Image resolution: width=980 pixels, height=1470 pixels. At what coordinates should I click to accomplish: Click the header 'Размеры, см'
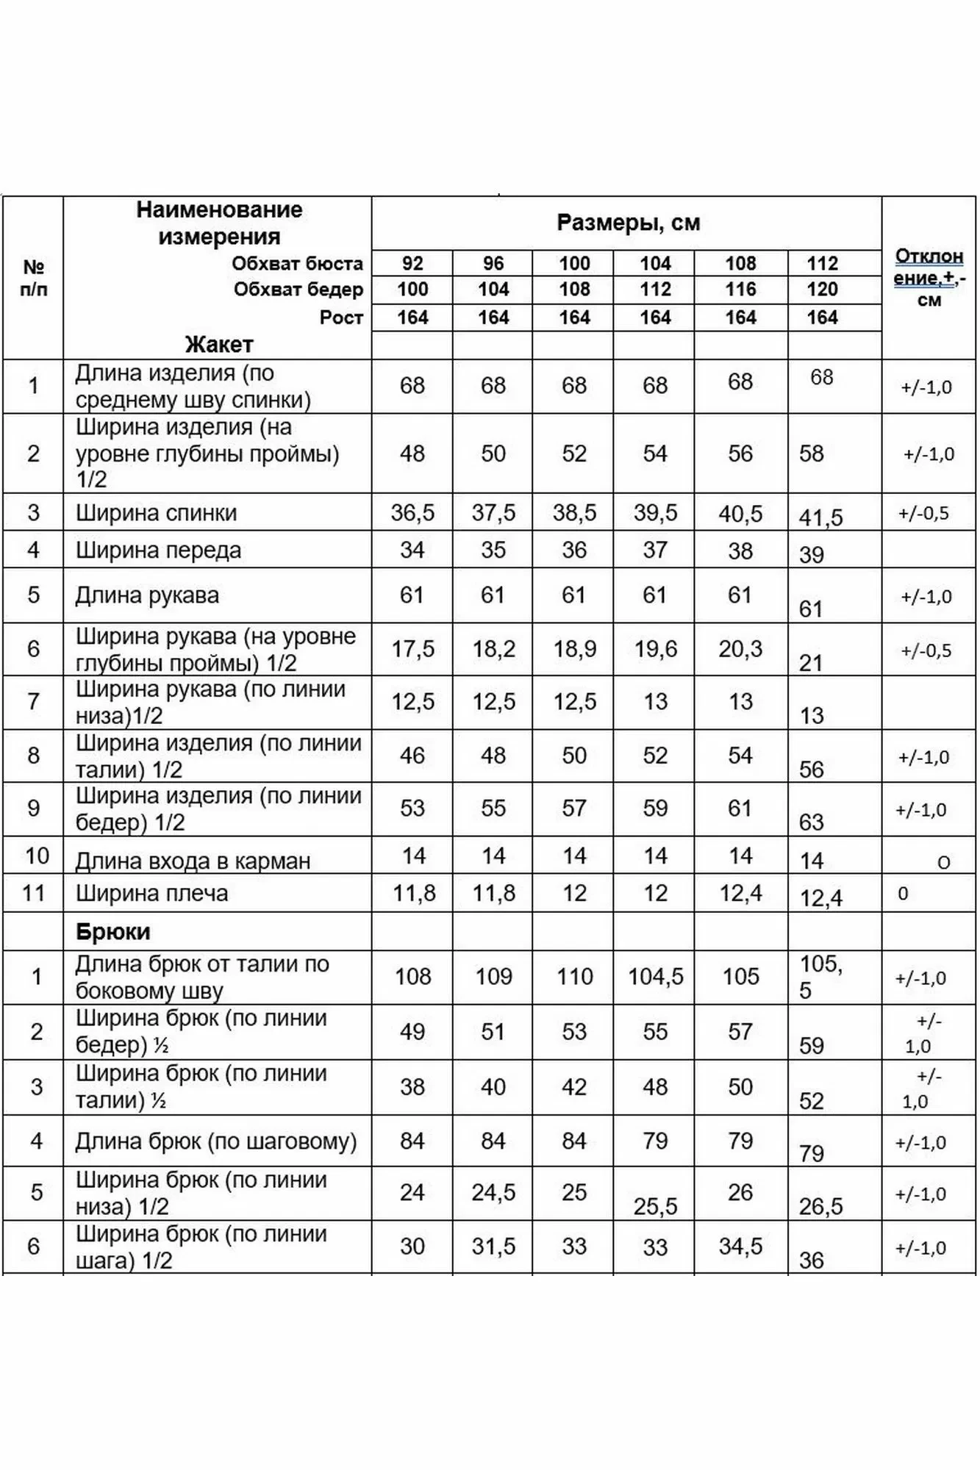pos(628,223)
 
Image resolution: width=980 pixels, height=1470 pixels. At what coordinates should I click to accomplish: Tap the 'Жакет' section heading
pos(219,344)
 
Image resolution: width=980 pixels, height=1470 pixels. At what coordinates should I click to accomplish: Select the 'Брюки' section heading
pos(112,931)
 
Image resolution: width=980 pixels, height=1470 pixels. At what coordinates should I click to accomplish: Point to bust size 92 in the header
pos(412,263)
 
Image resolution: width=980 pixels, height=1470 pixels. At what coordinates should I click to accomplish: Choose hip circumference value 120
pos(822,289)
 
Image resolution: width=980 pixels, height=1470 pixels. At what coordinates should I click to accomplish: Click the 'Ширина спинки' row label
pos(156,512)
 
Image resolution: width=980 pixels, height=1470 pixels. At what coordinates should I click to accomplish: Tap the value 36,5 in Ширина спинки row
pos(412,512)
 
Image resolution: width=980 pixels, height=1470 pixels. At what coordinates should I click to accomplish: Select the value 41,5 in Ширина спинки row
pos(820,517)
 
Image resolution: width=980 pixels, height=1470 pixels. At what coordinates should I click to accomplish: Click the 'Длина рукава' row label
pos(147,595)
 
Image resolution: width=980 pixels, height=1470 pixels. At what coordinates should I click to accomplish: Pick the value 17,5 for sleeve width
pos(412,648)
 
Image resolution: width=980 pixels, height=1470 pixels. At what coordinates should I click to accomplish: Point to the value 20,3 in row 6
pos(740,648)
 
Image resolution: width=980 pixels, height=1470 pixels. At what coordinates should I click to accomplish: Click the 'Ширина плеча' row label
pos(151,893)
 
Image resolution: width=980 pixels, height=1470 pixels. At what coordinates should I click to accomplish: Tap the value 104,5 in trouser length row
pos(655,976)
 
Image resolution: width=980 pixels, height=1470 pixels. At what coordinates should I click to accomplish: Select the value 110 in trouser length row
pos(574,976)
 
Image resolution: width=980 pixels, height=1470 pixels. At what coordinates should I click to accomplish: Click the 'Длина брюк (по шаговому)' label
pos(215,1141)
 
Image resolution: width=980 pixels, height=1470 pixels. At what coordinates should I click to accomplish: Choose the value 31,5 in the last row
pos(493,1246)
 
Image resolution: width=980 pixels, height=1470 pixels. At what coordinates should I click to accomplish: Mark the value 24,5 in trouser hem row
pos(493,1191)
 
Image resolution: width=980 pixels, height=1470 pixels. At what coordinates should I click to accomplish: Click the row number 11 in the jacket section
pos(34,893)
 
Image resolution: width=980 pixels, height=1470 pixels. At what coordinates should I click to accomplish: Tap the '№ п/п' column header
pos(34,277)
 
